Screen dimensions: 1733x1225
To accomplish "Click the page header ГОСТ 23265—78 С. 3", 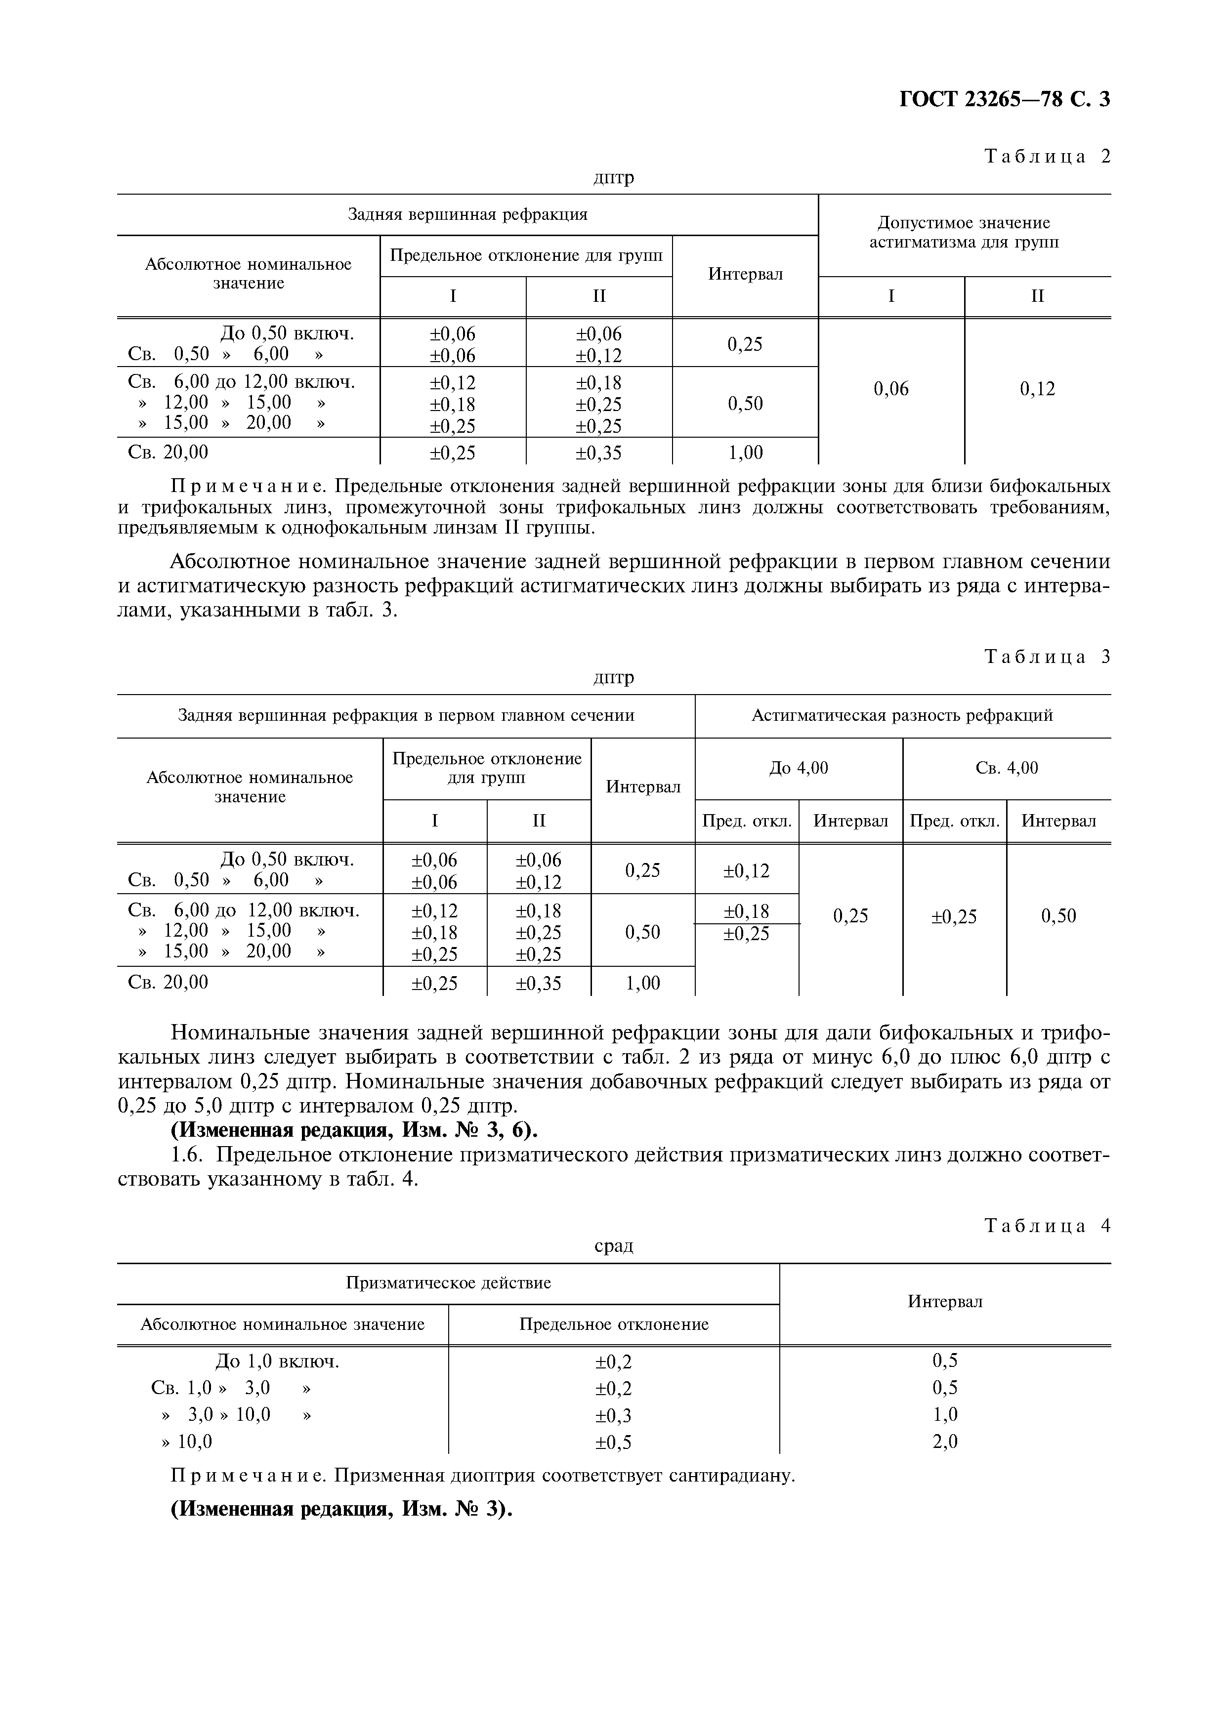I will (x=1004, y=100).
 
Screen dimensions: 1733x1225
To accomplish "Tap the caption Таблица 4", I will (x=1048, y=1226).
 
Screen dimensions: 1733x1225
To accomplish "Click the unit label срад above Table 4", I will (x=614, y=1246).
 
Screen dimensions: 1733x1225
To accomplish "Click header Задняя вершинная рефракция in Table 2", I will (x=467, y=215).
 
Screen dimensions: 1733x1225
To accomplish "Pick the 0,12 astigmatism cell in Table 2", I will (x=1037, y=389).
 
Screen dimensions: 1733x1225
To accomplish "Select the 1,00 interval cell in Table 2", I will (x=745, y=453).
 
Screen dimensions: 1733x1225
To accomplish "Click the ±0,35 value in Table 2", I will (x=598, y=453).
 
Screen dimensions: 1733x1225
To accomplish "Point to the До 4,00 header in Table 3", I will (x=799, y=768).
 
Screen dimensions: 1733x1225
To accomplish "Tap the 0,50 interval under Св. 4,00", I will (x=1058, y=916).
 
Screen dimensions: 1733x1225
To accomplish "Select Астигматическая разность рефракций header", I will (x=902, y=715).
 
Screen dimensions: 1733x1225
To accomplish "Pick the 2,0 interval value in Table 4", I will (x=945, y=1443).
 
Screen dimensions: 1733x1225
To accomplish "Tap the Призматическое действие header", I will (x=448, y=1283).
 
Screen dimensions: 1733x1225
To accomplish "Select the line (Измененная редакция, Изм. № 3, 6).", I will (x=355, y=1131).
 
